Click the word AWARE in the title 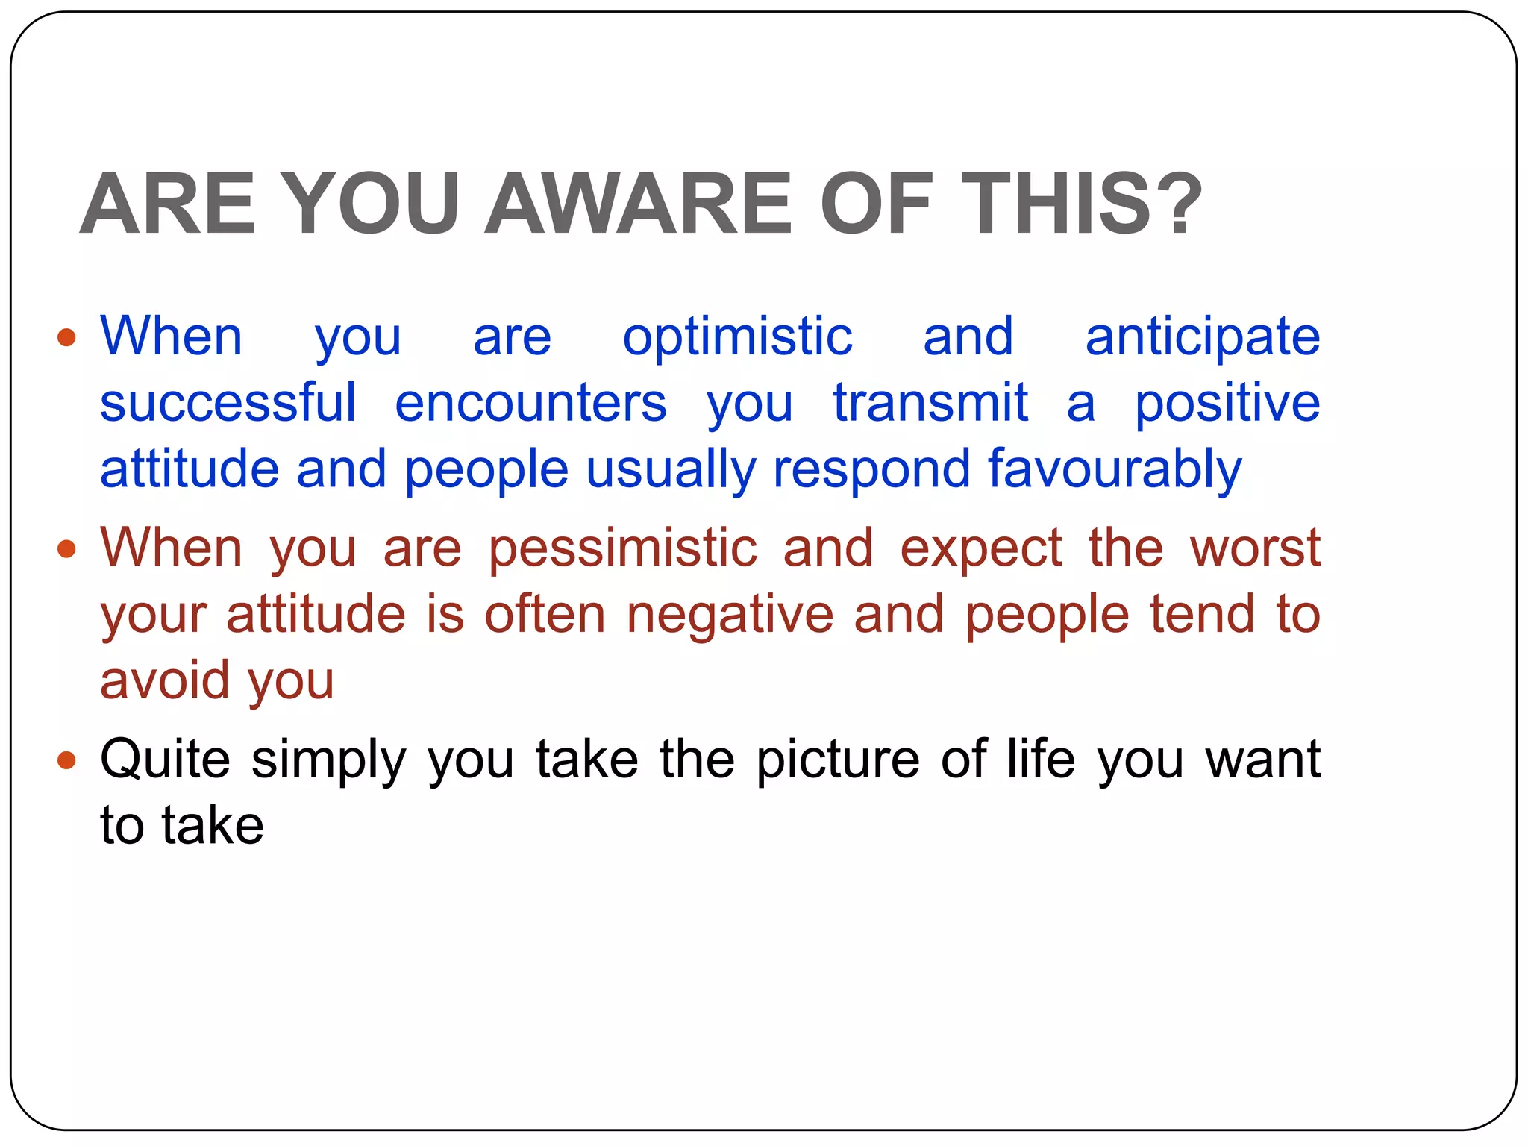(x=638, y=204)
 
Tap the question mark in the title (x=1174, y=204)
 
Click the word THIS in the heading (x=1055, y=204)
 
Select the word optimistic (x=737, y=338)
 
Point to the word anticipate (x=1202, y=338)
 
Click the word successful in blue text (x=228, y=404)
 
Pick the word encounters (x=530, y=404)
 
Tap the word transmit (x=930, y=404)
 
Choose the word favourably (x=1115, y=471)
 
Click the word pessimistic (x=622, y=548)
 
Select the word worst (x=1255, y=548)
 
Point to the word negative (x=730, y=615)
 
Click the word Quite (x=165, y=760)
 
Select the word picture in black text (x=838, y=760)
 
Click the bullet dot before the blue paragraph (x=66, y=338)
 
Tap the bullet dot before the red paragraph (x=66, y=550)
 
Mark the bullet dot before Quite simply (x=66, y=761)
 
